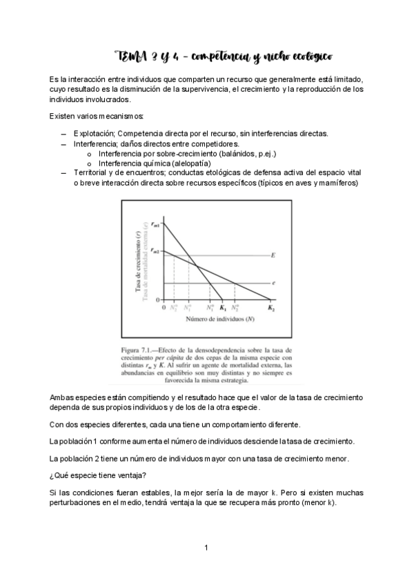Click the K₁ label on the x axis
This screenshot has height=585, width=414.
(224, 308)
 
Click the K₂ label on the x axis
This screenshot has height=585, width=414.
(271, 308)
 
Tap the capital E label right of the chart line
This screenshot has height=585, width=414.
(274, 256)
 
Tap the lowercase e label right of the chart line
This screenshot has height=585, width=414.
(274, 283)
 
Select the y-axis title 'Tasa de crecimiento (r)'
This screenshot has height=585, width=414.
(140, 263)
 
